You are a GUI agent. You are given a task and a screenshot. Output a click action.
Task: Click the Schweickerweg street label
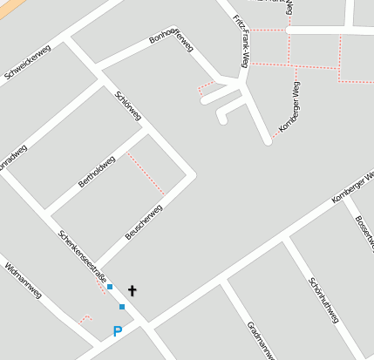click(x=27, y=62)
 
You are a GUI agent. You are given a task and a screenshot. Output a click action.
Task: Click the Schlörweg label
click(x=128, y=104)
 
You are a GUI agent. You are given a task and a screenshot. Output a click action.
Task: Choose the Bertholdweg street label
click(x=97, y=171)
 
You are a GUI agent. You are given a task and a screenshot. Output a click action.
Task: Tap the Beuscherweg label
click(x=144, y=221)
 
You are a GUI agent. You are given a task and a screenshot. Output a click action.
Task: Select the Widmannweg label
click(x=24, y=281)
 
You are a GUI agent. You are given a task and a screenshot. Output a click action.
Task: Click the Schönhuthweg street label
click(x=323, y=300)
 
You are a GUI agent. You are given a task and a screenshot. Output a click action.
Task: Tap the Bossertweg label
click(x=364, y=228)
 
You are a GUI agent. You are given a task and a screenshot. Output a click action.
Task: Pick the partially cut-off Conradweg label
click(x=12, y=156)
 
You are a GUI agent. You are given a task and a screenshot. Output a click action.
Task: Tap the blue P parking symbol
click(x=118, y=331)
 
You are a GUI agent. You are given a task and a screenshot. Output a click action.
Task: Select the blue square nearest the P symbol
click(x=122, y=307)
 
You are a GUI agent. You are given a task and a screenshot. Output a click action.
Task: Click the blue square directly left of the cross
click(x=110, y=286)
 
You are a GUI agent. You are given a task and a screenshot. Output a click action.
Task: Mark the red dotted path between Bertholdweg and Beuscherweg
click(x=146, y=173)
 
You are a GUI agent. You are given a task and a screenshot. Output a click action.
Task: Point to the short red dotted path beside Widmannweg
click(x=85, y=319)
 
